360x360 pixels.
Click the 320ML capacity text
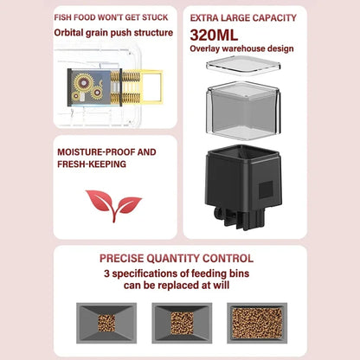point(214,35)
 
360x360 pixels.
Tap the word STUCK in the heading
point(155,17)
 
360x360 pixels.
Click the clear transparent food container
point(243,111)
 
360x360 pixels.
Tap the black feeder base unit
point(243,187)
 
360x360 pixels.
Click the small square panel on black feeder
point(266,190)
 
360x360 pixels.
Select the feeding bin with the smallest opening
point(106,323)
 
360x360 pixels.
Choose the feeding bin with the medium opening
point(182,323)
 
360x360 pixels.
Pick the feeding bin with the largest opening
point(257,323)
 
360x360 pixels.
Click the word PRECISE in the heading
point(121,258)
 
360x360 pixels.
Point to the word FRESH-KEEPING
point(92,164)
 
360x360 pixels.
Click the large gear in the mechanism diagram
point(83,83)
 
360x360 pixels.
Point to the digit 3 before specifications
point(106,273)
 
